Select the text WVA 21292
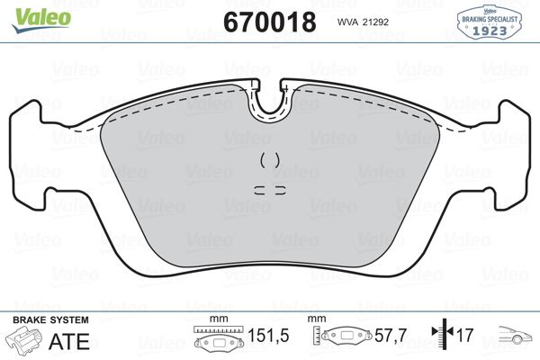[365, 21]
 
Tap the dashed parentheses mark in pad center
[269, 161]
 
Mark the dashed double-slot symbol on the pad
[269, 190]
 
